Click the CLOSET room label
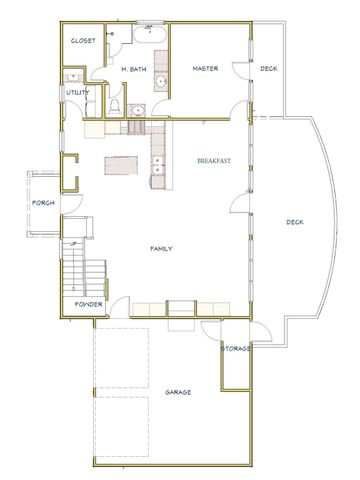[x=82, y=41]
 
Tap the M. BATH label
[x=135, y=68]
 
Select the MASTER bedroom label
[x=205, y=68]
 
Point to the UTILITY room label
[x=78, y=92]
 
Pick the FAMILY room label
[x=162, y=247]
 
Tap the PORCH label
[x=43, y=203]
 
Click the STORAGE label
[x=236, y=348]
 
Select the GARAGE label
[x=178, y=392]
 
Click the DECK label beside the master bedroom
[x=269, y=68]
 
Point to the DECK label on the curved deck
[x=295, y=222]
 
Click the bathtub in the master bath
[x=151, y=34]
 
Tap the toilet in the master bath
[x=116, y=106]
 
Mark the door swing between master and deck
[x=239, y=72]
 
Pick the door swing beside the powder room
[x=118, y=305]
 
